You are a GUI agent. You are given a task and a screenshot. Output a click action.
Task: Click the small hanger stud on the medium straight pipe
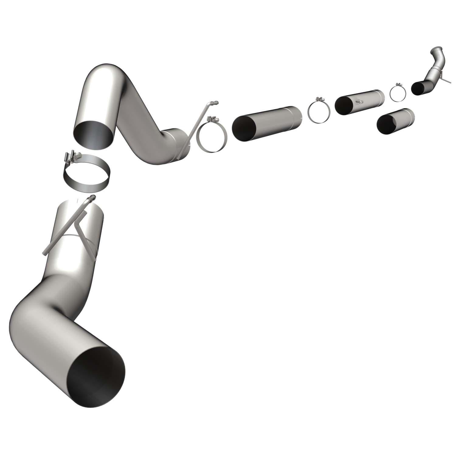(360, 101)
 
